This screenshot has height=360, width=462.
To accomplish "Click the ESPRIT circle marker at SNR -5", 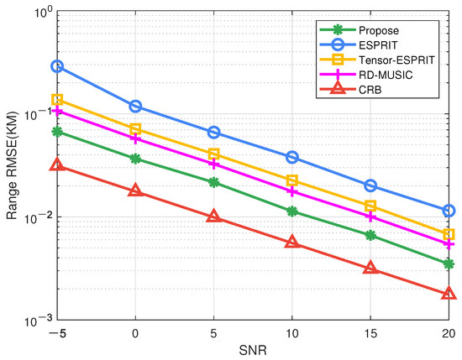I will (x=57, y=65).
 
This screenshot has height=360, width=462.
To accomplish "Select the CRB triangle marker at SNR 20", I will (x=449, y=294).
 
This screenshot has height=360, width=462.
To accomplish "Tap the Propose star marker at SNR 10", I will (x=292, y=211).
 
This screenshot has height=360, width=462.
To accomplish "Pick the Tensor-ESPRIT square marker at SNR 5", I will (x=214, y=154).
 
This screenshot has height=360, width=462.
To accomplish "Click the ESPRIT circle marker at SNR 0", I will (x=135, y=107).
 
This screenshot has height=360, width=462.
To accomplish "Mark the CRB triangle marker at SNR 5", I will (x=214, y=217).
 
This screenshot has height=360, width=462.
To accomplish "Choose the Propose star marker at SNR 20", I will (x=449, y=263).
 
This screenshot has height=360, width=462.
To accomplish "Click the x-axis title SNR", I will (x=252, y=352).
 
